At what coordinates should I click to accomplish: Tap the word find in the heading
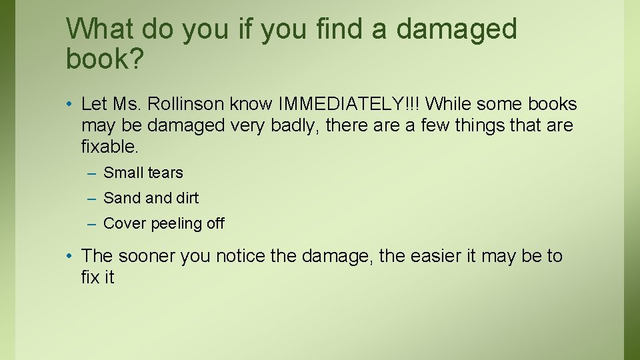315,29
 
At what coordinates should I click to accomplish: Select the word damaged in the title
456,29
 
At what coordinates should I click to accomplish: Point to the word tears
165,173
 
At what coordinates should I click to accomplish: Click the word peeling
177,223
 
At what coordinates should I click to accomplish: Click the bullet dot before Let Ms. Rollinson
70,105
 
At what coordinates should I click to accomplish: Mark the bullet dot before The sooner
70,257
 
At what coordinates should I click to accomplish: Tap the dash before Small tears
91,173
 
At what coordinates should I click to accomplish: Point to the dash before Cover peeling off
91,224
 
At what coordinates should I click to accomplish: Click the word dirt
187,198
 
